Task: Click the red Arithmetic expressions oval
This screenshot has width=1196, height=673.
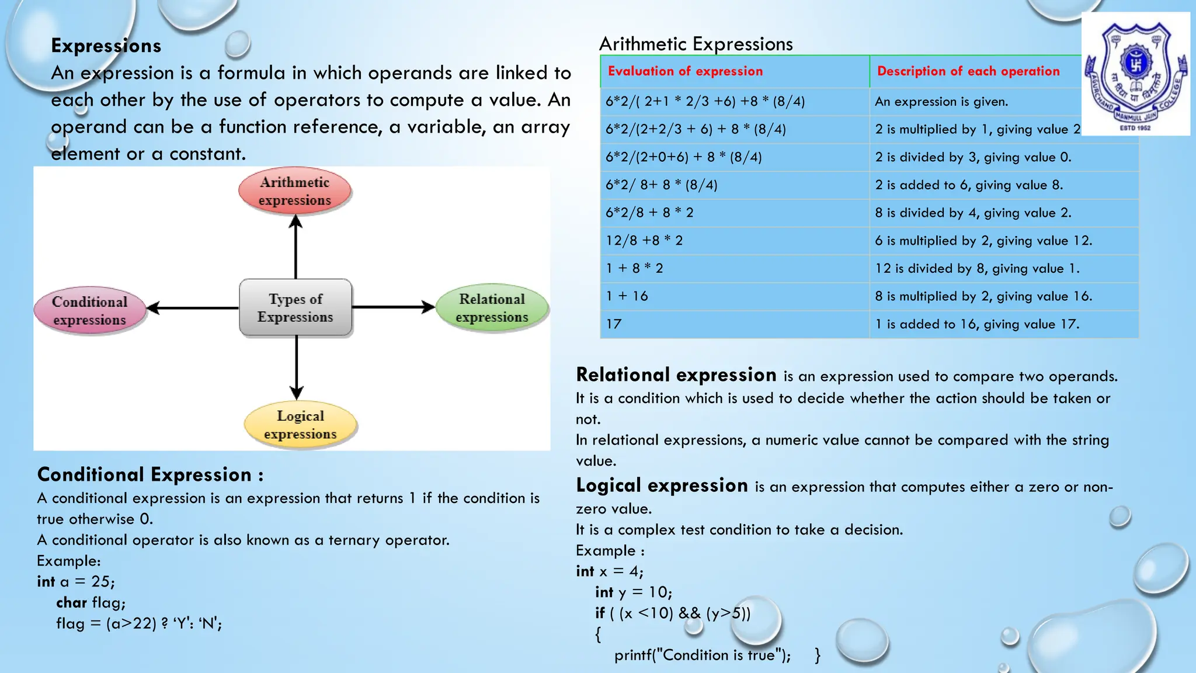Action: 295,191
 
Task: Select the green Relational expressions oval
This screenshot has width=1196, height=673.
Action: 492,308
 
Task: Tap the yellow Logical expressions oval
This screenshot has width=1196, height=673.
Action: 300,425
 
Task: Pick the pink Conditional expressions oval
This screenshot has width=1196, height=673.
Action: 89,310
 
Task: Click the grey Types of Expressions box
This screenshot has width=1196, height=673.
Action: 295,308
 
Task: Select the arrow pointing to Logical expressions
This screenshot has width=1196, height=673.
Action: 297,368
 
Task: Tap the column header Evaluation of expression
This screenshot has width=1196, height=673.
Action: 685,71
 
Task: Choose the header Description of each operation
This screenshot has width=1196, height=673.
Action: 968,71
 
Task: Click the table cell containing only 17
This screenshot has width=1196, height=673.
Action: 614,324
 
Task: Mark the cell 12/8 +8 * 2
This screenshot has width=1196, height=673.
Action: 644,241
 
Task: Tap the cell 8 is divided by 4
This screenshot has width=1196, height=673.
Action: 973,213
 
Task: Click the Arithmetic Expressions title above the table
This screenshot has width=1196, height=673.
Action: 696,44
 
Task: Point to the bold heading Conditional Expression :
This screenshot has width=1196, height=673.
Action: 150,474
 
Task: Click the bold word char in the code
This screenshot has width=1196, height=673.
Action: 71,602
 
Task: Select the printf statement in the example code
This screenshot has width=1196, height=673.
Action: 703,655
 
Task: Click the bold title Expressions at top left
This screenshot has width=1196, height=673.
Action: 106,46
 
